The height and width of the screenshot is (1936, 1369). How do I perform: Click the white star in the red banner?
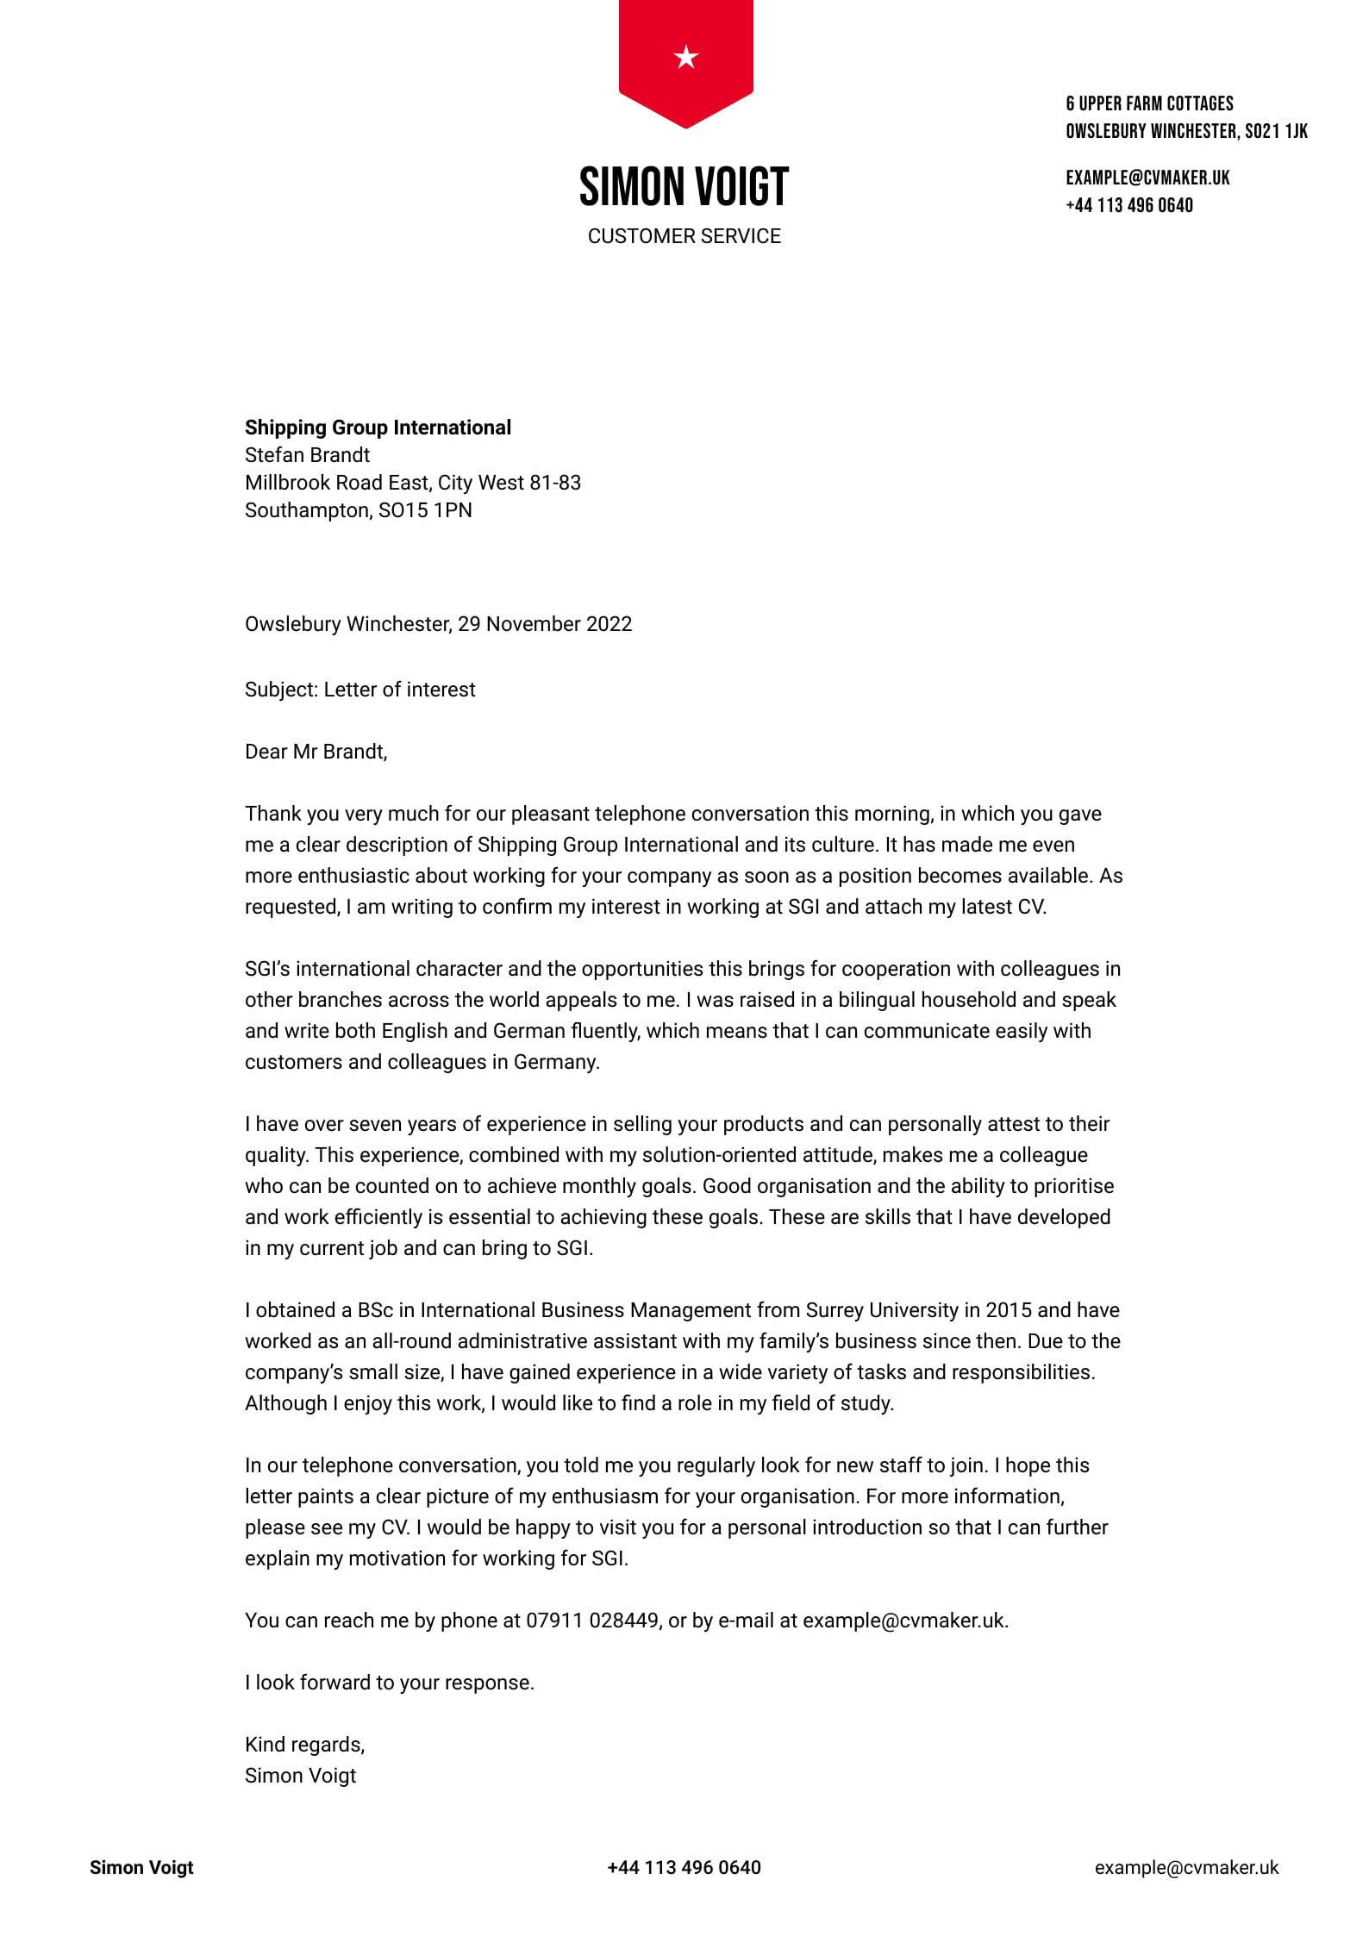[685, 58]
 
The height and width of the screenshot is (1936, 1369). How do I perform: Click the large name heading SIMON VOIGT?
[684, 187]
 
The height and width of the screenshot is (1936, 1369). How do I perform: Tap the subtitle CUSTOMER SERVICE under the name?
[684, 236]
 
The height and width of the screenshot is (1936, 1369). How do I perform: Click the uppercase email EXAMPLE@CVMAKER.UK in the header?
[1147, 178]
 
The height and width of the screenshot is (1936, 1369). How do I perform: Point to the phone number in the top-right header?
[1129, 205]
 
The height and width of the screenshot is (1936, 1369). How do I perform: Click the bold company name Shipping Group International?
[378, 428]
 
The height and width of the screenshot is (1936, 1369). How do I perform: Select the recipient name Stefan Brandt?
[307, 455]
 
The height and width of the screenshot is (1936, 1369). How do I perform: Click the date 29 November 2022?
[545, 624]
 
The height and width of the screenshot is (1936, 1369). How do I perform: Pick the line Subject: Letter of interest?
[359, 690]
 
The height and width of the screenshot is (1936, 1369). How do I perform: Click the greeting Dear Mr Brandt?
[316, 752]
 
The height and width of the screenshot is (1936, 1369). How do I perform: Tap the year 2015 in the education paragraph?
[1008, 1310]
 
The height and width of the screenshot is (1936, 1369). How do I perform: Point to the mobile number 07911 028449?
[592, 1621]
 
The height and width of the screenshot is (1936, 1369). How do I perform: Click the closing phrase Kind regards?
[304, 1745]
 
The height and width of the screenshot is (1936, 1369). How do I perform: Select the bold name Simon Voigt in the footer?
[141, 1867]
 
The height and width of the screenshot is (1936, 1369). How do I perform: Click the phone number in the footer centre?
[684, 1867]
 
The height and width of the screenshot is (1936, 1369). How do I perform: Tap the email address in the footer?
[1186, 1867]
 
